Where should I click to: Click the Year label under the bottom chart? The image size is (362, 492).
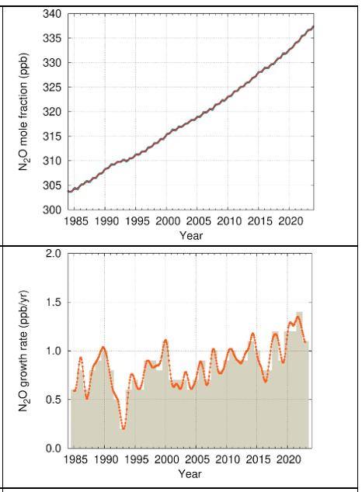point(190,473)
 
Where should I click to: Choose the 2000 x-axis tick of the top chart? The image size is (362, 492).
point(167,221)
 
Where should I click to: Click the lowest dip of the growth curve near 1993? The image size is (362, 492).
point(124,428)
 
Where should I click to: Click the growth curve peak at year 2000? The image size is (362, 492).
point(165,340)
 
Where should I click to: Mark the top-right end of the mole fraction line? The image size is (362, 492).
point(313,27)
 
